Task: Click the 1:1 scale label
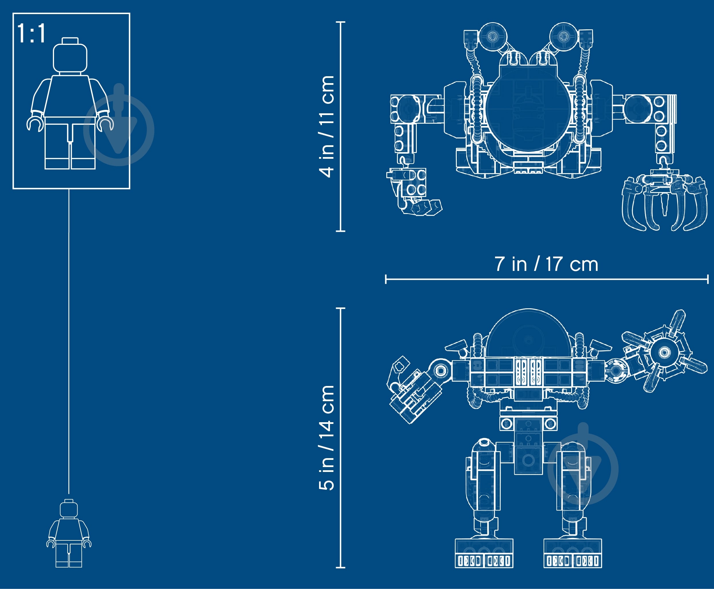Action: (x=31, y=33)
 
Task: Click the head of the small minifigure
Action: (x=69, y=508)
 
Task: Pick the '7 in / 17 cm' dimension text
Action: (x=546, y=264)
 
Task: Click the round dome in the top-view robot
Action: (x=528, y=109)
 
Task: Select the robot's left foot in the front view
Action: (x=484, y=553)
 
